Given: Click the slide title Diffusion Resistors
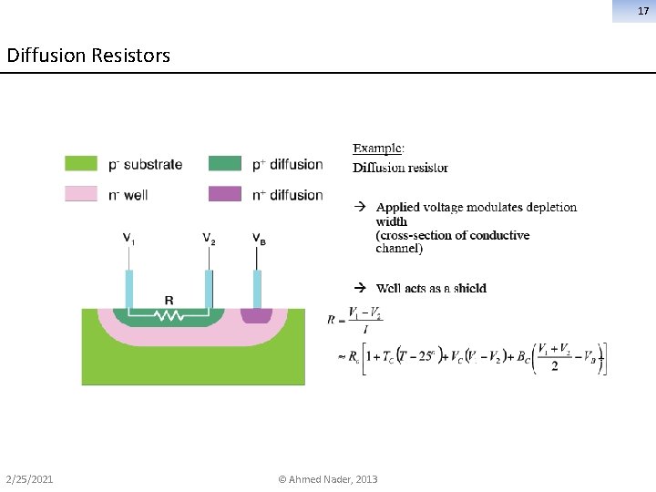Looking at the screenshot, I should tap(88, 56).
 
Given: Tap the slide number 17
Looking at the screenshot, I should tap(641, 11).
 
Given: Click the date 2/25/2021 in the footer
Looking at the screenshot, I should tap(29, 479).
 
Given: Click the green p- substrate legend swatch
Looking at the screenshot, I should tap(81, 164).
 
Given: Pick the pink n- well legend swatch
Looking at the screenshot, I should tap(81, 194).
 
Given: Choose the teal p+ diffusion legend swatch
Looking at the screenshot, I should tap(225, 164).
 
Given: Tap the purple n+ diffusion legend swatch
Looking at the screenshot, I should tap(225, 194).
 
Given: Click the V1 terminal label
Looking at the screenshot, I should tap(129, 240).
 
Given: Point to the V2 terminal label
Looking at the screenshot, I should tap(209, 240).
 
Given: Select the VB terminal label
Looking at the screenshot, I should tap(259, 240).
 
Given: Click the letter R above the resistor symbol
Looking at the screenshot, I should tap(169, 301).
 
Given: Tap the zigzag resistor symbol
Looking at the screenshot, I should tap(169, 316).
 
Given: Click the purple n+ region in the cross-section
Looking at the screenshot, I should tap(256, 316).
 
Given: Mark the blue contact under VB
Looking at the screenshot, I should tap(257, 290).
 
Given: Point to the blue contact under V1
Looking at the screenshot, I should tap(129, 290).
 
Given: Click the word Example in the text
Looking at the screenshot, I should tap(378, 149).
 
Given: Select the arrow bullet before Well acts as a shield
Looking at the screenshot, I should tap(359, 288).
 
